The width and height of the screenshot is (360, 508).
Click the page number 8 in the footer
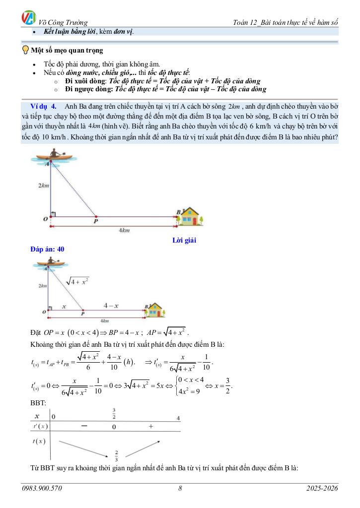pos(180,489)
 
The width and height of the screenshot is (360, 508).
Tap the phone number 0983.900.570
pos(42,489)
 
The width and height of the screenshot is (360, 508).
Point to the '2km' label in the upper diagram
pos(44,186)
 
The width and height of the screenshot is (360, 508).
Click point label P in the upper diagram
pos(96,222)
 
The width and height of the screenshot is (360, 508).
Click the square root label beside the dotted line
pos(77,282)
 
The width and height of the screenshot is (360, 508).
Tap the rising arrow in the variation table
pos(143,446)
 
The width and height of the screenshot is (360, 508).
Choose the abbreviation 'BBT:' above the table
pos(38,403)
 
